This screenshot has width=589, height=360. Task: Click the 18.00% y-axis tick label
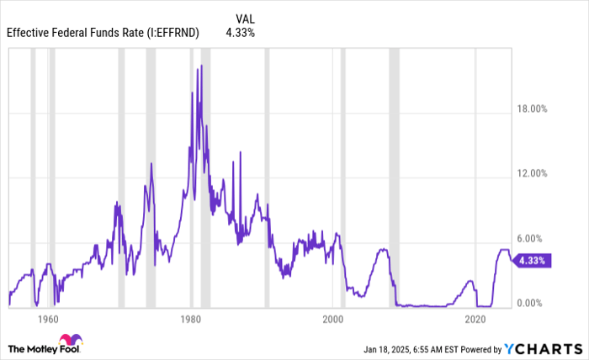pos(531,109)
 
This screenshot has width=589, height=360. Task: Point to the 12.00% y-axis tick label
pos(531,173)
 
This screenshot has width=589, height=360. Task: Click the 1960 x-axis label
pos(48,320)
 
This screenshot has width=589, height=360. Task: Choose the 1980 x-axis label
pos(190,320)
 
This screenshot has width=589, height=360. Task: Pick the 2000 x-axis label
pos(333,320)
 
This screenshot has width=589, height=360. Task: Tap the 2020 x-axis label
pos(475,320)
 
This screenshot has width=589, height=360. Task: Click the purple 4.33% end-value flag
pos(532,261)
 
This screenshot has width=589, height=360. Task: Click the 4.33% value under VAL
pos(241,33)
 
